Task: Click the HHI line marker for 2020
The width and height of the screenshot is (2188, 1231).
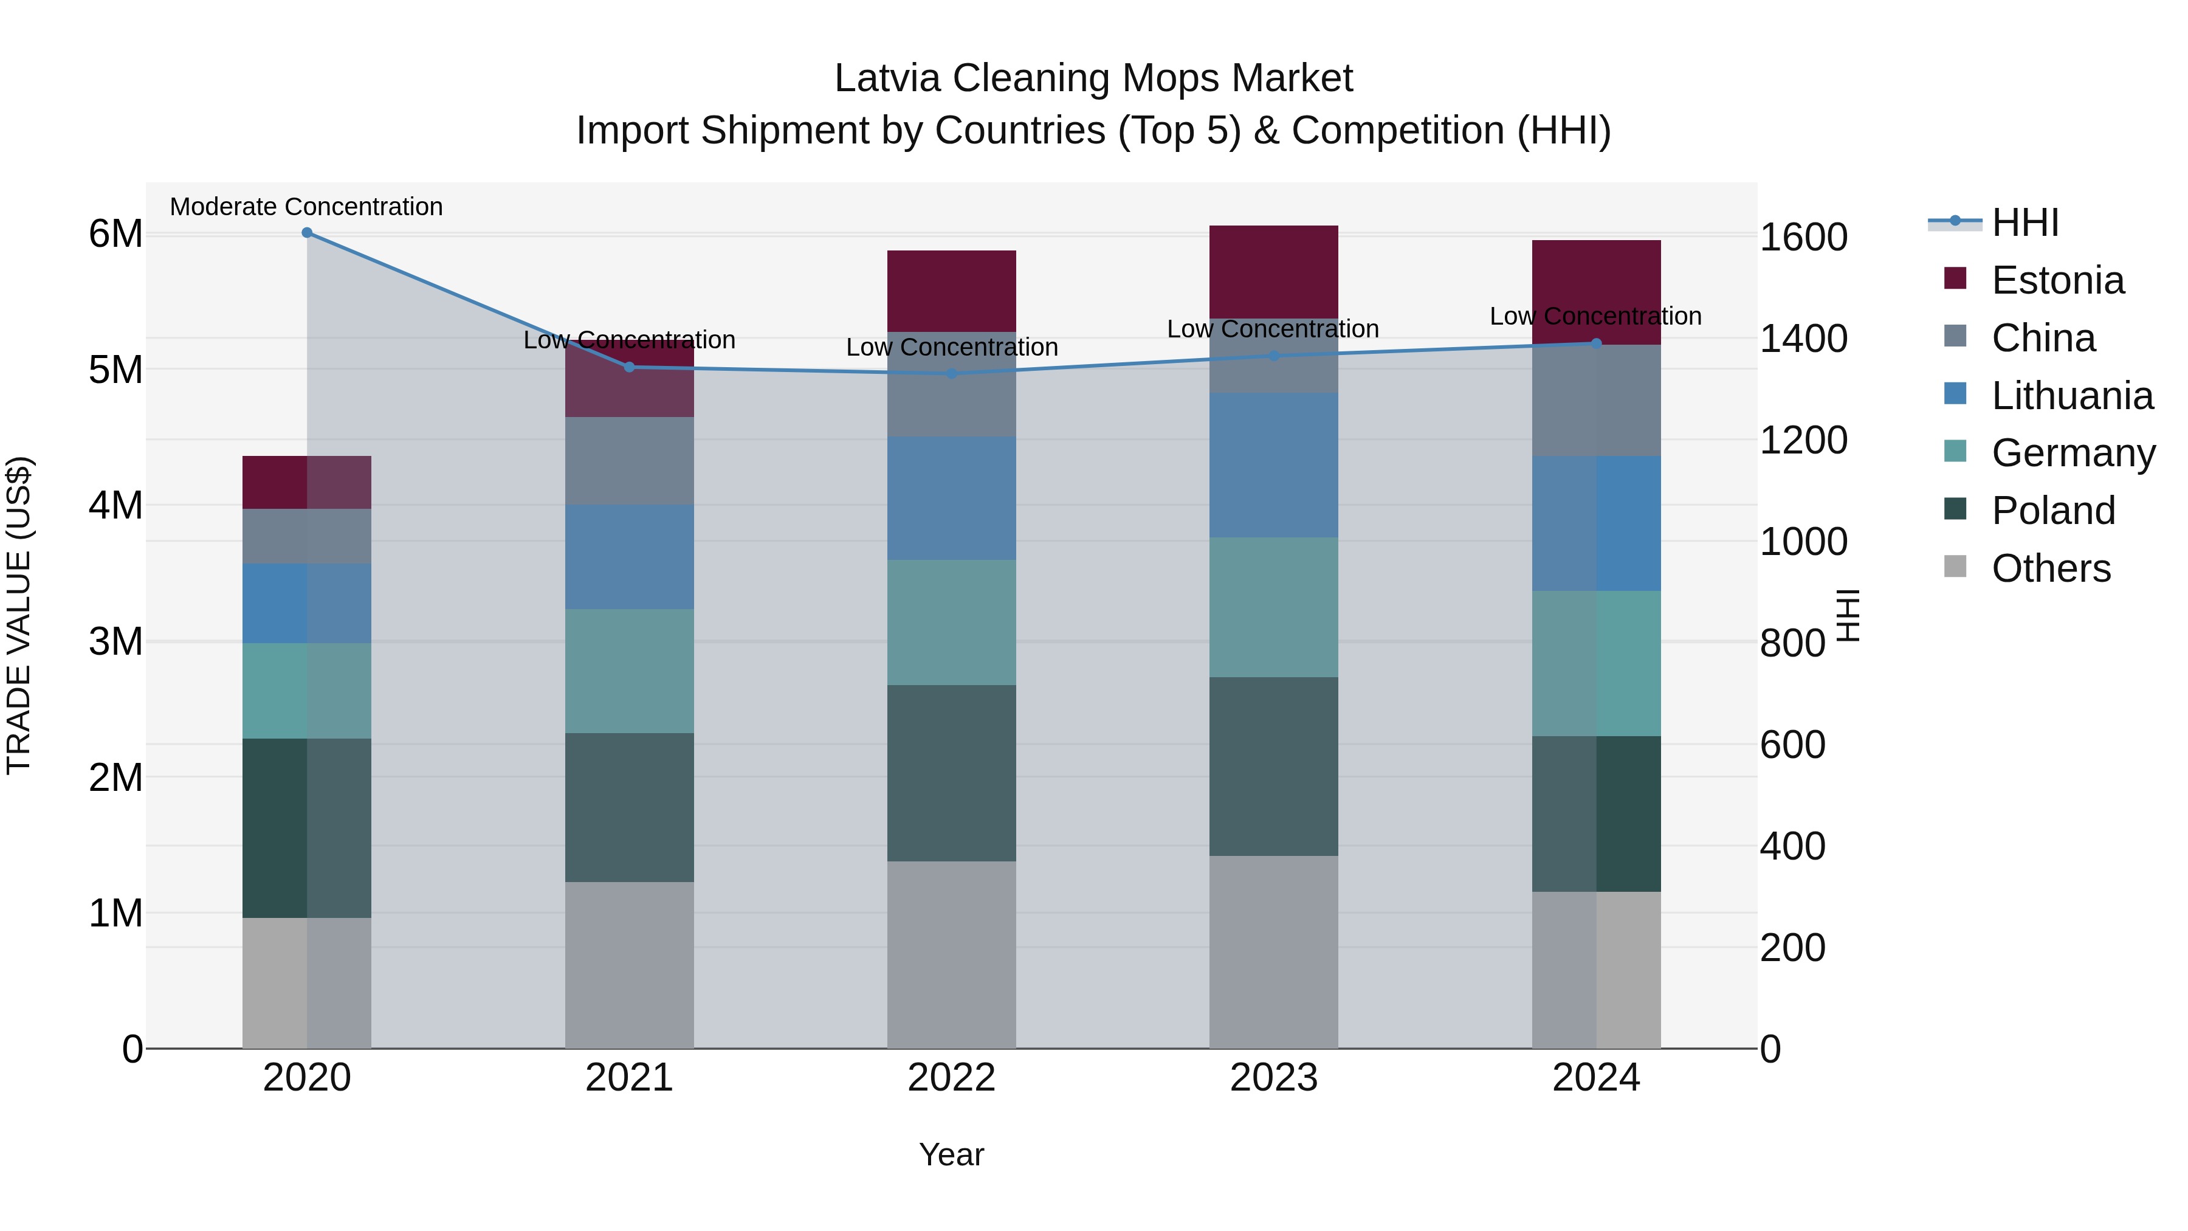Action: coord(307,233)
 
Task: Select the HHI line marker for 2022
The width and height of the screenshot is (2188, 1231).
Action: coord(951,374)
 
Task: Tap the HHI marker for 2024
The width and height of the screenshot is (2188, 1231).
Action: coord(1596,344)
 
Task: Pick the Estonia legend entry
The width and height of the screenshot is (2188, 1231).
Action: coord(2057,280)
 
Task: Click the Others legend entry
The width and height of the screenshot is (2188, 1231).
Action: coord(2051,568)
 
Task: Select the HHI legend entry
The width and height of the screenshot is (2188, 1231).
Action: coord(2025,222)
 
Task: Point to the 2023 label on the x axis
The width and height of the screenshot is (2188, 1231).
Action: coord(1273,1078)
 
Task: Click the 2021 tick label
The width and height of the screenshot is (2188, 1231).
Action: coord(628,1078)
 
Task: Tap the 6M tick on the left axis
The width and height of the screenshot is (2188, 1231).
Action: coord(115,233)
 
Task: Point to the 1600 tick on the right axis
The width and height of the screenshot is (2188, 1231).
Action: coord(1803,237)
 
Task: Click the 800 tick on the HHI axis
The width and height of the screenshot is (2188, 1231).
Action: coord(1792,643)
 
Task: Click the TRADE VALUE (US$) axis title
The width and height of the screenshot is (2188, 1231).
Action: coord(19,615)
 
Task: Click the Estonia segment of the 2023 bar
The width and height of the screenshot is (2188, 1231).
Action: coord(1273,272)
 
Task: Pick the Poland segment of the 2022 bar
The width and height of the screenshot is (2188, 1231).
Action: coord(951,773)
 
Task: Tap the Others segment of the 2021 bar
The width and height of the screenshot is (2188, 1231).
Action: coord(628,965)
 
